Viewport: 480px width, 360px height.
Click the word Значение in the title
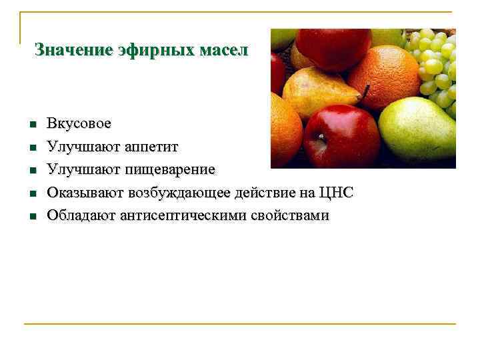[x=64, y=50]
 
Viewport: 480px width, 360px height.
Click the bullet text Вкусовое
[x=79, y=124]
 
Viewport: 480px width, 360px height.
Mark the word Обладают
[x=79, y=215]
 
